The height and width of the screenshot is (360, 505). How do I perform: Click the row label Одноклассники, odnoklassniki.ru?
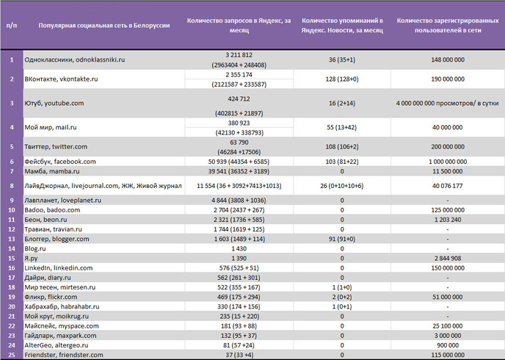(75, 60)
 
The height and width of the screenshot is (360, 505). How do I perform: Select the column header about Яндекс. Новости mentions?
(342, 26)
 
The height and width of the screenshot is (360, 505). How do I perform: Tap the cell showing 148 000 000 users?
(448, 60)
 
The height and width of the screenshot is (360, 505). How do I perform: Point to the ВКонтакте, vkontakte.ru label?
(61, 79)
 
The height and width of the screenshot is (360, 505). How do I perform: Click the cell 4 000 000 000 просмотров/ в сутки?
(447, 103)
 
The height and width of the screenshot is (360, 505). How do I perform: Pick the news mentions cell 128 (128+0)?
(342, 79)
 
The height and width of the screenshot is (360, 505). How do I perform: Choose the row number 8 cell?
(12, 186)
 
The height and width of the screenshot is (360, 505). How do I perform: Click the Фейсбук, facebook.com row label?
(60, 162)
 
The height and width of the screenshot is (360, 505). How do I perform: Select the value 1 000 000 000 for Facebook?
(448, 162)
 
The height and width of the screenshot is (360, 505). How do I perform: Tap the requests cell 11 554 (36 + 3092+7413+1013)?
(239, 186)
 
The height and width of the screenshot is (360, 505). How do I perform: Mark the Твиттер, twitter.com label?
(56, 147)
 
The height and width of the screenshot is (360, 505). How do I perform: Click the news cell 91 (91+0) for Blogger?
(342, 239)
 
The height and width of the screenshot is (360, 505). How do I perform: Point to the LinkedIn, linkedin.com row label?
(59, 268)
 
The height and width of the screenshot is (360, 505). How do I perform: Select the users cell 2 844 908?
(448, 258)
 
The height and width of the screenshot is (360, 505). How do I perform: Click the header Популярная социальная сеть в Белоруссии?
(104, 26)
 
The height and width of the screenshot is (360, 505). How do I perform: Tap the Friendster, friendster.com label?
(64, 355)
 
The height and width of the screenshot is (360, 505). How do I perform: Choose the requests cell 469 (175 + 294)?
(239, 297)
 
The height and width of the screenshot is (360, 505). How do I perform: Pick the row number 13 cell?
(12, 239)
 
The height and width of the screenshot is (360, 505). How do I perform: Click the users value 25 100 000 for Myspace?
(448, 326)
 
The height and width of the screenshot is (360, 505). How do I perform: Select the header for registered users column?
(448, 26)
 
